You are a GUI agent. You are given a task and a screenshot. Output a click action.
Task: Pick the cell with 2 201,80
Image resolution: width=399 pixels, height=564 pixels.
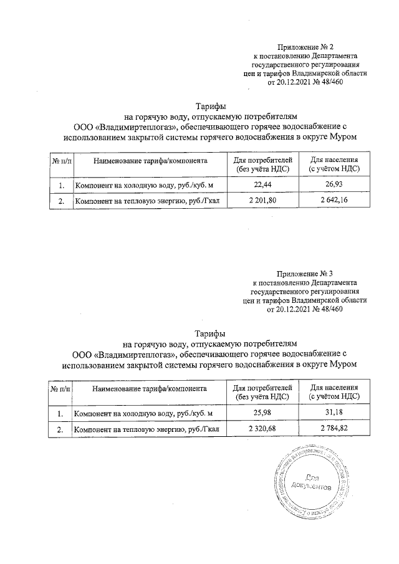262,201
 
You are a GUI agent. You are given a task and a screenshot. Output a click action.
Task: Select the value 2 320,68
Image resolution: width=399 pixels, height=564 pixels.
262,430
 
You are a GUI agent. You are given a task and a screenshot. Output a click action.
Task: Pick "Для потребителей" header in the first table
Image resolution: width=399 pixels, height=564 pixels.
262,160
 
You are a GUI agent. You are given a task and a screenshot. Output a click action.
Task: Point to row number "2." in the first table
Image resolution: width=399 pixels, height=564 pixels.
60,201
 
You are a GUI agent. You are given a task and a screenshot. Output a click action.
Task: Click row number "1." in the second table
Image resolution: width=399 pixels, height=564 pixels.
60,414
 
